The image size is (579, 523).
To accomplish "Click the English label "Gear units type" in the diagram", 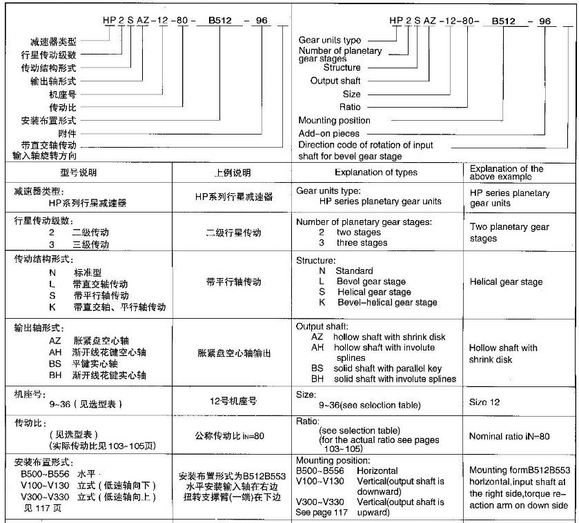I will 329,41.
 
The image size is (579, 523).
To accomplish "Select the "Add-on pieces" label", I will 329,133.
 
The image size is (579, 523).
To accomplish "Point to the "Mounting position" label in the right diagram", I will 334,120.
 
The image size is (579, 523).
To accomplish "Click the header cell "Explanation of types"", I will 376,172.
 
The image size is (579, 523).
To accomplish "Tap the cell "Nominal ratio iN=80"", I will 509,436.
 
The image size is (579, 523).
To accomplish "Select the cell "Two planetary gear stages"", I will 509,233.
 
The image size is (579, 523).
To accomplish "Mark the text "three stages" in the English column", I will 362,243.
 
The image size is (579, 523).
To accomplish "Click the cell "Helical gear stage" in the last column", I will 505,282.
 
